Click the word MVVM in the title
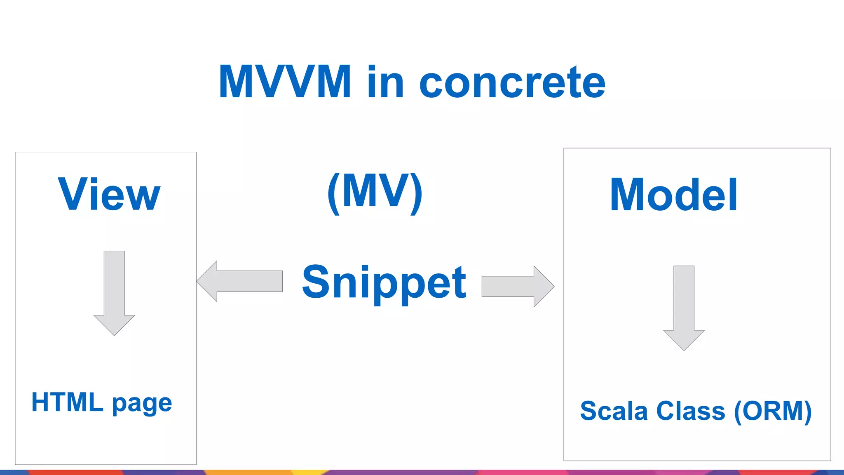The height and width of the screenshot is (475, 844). tap(285, 82)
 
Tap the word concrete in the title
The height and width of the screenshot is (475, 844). tap(512, 83)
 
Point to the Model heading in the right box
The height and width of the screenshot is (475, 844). tap(673, 195)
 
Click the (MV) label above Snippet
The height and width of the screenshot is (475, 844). tap(375, 192)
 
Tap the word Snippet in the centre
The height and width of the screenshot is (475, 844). tap(384, 283)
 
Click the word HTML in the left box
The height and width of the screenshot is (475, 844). tap(67, 402)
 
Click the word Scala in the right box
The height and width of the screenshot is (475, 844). tap(614, 411)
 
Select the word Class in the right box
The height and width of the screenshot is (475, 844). tap(691, 411)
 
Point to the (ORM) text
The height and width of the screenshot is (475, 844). tap(773, 411)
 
